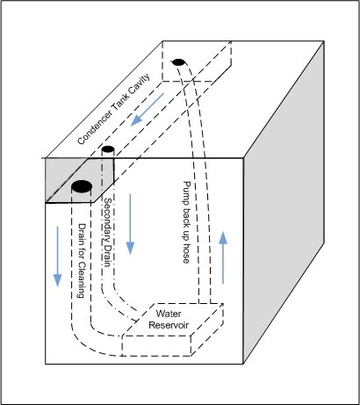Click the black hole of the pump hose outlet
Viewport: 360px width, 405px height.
(x=178, y=62)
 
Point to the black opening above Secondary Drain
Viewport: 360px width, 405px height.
(x=108, y=149)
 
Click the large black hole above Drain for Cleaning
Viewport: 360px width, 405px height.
(x=82, y=186)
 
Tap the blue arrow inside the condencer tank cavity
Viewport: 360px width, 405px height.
(x=147, y=110)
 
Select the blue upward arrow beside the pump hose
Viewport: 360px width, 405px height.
(x=223, y=257)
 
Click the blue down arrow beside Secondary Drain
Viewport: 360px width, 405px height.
(x=130, y=224)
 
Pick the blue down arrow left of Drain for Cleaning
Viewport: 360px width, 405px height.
(x=57, y=257)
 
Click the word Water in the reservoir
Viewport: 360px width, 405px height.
(x=169, y=314)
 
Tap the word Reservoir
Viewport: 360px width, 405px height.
(x=169, y=325)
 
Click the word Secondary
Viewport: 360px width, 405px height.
(x=108, y=219)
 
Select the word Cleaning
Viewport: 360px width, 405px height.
(x=82, y=279)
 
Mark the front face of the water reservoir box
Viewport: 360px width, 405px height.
(x=156, y=345)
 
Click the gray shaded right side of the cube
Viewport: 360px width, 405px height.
(x=284, y=202)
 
